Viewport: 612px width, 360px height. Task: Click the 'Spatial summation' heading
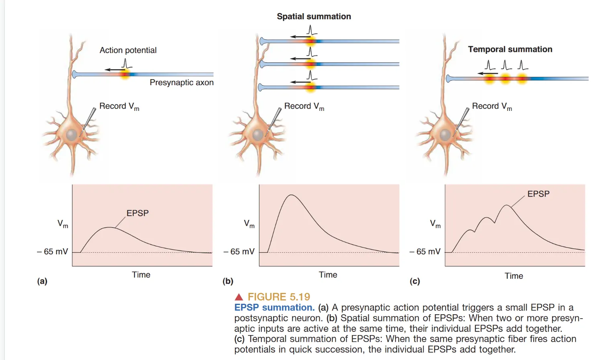[314, 16]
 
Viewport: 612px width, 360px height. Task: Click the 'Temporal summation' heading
[510, 49]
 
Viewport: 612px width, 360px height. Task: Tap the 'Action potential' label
[128, 50]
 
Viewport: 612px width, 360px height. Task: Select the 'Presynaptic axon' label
[182, 82]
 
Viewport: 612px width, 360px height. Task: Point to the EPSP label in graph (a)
[137, 213]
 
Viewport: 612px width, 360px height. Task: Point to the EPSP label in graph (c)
[538, 194]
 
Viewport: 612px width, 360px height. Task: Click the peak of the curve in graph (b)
[292, 195]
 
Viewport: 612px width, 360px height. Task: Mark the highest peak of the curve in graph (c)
[507, 205]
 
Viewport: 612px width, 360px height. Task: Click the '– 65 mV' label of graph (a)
[53, 252]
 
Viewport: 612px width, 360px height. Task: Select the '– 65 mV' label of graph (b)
[239, 252]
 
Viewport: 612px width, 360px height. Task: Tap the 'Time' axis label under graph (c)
[514, 276]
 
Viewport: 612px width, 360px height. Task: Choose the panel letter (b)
[228, 281]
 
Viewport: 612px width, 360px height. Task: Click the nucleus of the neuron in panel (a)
[72, 135]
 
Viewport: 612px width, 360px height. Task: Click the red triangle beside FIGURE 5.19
[239, 297]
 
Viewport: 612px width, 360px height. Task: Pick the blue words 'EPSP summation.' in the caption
[274, 307]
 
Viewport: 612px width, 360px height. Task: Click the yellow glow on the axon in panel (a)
[125, 74]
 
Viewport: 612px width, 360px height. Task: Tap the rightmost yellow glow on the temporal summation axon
[522, 79]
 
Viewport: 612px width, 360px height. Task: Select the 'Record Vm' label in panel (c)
[492, 106]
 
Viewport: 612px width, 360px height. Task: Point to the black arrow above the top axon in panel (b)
[300, 37]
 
